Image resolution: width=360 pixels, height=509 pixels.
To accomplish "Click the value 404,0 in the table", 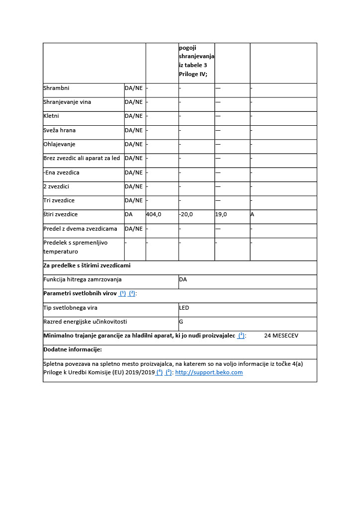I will coord(153,215).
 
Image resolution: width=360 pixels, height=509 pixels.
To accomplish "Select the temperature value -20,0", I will coord(186,215).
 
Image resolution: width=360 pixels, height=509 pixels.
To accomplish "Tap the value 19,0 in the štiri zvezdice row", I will coord(221,215).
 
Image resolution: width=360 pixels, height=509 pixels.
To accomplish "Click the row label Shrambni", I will coord(56,88).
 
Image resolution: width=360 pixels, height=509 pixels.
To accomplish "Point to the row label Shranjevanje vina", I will coord(67,102).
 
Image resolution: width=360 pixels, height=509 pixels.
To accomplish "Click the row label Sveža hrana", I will coord(60,130).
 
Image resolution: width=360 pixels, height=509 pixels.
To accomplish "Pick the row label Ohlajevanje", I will coord(59,144).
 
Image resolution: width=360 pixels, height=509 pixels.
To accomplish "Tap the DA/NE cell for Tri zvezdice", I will coord(133,200).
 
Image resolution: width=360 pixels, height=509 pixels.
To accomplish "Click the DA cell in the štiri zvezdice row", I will coord(129,215).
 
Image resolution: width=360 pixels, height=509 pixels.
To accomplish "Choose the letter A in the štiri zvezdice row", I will coord(253,215).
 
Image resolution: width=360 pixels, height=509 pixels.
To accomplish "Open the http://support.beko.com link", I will coord(209,372).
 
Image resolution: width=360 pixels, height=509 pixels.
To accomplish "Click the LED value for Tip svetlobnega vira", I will coord(184,308).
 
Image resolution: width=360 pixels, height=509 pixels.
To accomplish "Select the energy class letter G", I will coord(181,322).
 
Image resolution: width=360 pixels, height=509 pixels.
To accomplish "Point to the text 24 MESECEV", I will coord(281,336).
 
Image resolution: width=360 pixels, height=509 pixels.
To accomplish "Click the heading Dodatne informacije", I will coord(73,349).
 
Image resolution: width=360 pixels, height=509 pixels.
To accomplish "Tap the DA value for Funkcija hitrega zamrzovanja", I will coord(183,279).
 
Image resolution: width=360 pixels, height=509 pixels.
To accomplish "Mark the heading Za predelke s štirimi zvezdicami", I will coord(87,265).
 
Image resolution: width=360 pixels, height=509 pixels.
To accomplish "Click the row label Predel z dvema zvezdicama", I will coord(80,229).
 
